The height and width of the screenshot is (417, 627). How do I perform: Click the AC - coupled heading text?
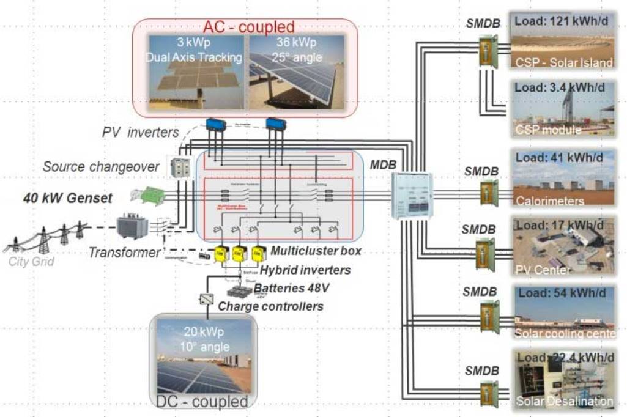249,27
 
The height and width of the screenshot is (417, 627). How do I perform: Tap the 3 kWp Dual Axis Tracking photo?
197,72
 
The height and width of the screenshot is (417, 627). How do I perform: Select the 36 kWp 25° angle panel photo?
292,72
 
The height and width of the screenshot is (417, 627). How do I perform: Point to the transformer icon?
133,226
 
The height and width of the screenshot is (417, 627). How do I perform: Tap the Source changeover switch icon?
179,166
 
